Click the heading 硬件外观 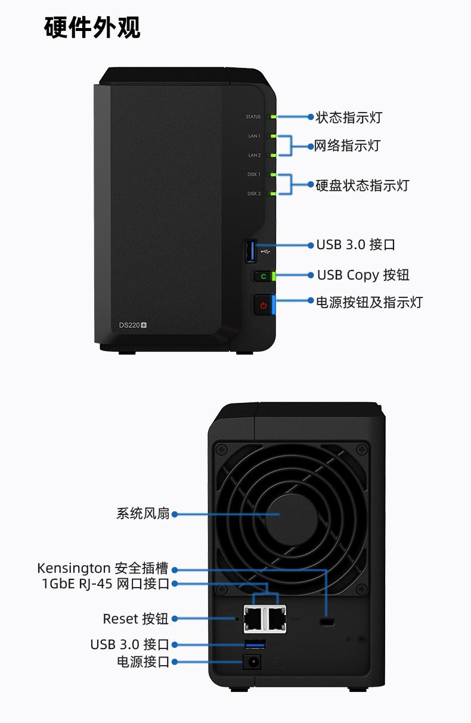click(92, 27)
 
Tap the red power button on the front click(263, 306)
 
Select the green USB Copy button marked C click(263, 276)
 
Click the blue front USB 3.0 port click(250, 251)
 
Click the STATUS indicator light click(272, 117)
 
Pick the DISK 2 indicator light click(272, 194)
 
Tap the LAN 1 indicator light click(272, 136)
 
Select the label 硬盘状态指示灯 click(362, 185)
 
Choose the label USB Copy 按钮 click(362, 275)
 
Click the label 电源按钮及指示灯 click(368, 302)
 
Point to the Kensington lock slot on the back click(327, 622)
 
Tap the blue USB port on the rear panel click(255, 644)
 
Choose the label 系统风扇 click(143, 513)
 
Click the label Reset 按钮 click(135, 619)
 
